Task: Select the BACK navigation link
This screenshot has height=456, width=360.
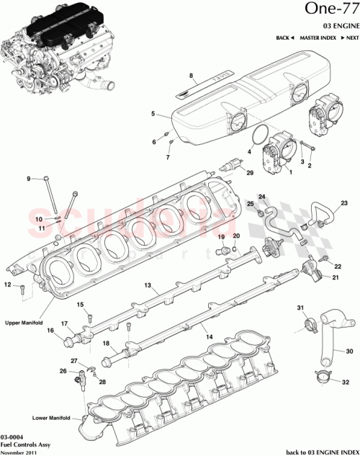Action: click(285, 37)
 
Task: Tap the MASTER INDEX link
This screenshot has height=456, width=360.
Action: click(317, 37)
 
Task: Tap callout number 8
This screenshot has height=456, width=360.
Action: click(192, 76)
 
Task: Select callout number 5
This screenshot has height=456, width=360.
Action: click(153, 113)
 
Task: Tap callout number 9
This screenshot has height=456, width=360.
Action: click(29, 179)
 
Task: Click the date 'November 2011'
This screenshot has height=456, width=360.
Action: click(19, 452)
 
